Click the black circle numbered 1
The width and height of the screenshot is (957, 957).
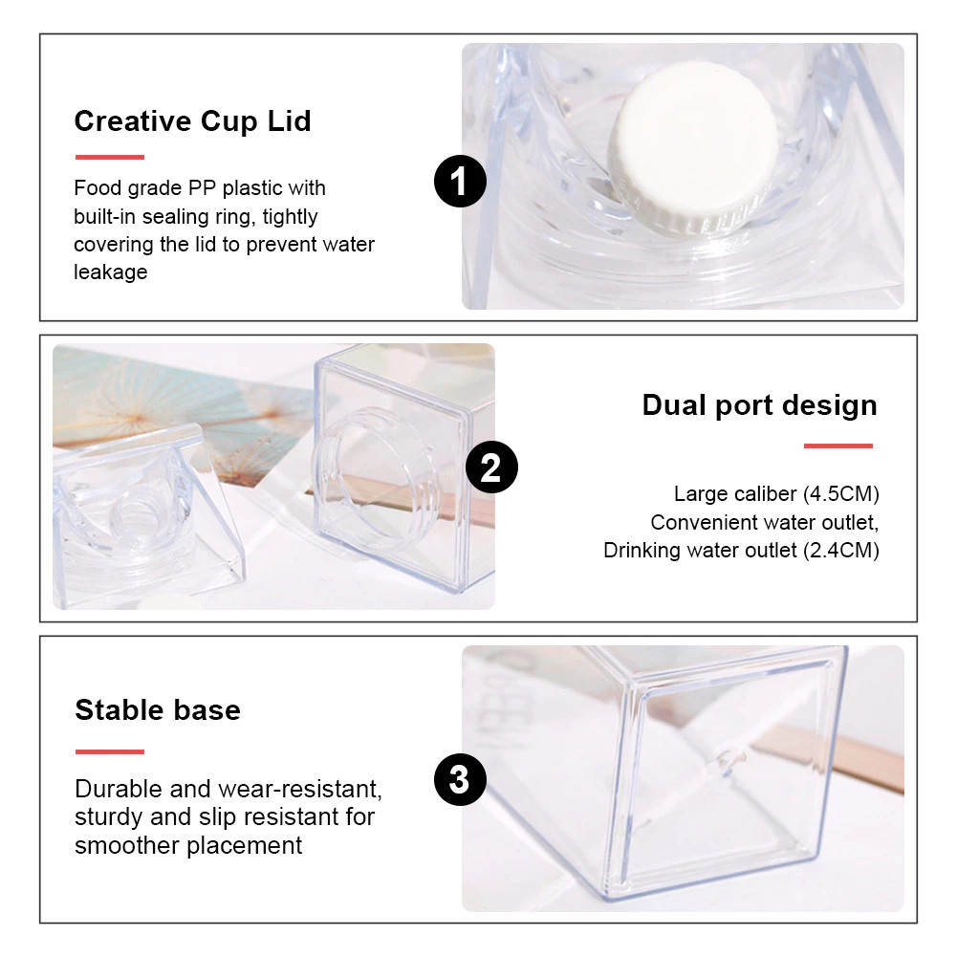460,181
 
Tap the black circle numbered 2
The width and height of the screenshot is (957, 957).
491,467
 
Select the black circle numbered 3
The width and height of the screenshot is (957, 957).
460,779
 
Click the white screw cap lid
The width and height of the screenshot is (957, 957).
694,146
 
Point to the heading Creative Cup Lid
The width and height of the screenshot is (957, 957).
192,120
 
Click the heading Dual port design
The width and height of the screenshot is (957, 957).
759,405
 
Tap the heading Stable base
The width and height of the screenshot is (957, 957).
158,709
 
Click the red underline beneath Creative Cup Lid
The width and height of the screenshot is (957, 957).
110,157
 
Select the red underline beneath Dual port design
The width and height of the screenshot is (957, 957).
838,446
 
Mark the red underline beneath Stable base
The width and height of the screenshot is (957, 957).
110,751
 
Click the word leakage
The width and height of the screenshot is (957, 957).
111,272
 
